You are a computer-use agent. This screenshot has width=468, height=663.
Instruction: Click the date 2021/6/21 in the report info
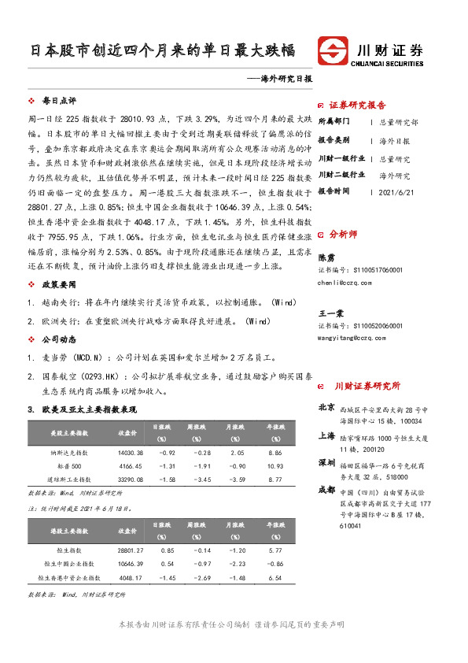(396, 191)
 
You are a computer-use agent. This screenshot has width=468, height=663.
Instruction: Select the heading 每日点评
(59, 101)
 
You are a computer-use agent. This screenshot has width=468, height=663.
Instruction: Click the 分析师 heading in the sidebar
(342, 234)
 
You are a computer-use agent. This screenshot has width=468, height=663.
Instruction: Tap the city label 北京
(326, 407)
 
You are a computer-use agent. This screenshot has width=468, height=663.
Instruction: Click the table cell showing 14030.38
(130, 454)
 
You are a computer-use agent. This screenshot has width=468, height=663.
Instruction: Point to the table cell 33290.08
(130, 478)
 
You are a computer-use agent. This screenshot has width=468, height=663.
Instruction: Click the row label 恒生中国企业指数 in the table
(74, 565)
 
